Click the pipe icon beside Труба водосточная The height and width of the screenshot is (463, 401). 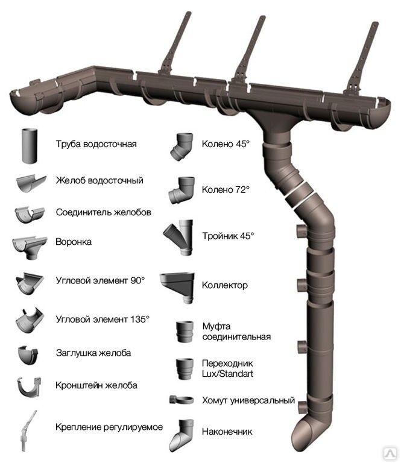coord(30,146)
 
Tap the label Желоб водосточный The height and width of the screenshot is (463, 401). coord(99,180)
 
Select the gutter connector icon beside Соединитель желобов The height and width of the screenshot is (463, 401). coord(30,215)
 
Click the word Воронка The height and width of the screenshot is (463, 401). coord(74,242)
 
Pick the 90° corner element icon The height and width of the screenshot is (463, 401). coord(30,283)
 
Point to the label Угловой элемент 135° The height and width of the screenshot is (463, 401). coord(103,319)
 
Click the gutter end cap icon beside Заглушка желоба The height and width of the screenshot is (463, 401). coord(28,355)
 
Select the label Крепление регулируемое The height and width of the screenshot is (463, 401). coord(109,427)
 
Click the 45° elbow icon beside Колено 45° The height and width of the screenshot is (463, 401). coord(182,146)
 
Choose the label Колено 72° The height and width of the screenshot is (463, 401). coord(226,189)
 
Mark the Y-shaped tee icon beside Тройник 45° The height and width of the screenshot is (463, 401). coord(179,237)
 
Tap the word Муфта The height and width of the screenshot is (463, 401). coord(216,326)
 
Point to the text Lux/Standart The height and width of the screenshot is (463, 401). coord(227,374)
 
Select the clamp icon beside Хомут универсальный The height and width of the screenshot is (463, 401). coord(182,400)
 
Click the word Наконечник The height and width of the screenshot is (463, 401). coord(227,432)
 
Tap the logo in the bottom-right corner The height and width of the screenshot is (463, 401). coord(390,453)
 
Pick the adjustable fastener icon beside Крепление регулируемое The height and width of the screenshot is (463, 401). coord(28,432)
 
